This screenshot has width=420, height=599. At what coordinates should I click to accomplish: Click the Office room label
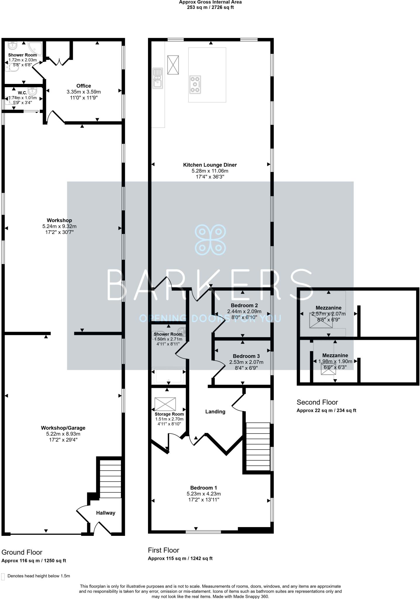click(84, 86)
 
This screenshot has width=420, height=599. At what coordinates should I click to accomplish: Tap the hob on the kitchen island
click(195, 85)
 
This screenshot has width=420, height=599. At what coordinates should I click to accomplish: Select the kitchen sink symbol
click(157, 78)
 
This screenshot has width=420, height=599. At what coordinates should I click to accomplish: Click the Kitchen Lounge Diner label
click(210, 165)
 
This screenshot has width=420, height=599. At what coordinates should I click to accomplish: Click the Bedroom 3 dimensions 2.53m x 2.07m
click(246, 362)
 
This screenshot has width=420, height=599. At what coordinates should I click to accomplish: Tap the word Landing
click(215, 412)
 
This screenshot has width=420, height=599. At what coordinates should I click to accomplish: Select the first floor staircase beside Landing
click(258, 446)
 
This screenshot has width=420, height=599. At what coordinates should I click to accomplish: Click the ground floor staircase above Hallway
click(111, 479)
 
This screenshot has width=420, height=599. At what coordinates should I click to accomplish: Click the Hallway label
click(106, 513)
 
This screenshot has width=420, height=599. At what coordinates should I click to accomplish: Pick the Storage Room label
click(169, 414)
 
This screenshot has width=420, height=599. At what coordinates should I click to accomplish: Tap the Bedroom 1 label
click(204, 488)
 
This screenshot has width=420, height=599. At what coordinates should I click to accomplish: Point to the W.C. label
click(23, 93)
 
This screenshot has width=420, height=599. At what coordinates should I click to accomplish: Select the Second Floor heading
click(317, 402)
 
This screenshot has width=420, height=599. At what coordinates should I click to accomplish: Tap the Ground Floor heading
click(22, 552)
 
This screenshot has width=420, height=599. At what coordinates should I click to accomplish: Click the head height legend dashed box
click(3, 576)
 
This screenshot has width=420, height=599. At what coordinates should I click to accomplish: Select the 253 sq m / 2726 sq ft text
click(210, 7)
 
